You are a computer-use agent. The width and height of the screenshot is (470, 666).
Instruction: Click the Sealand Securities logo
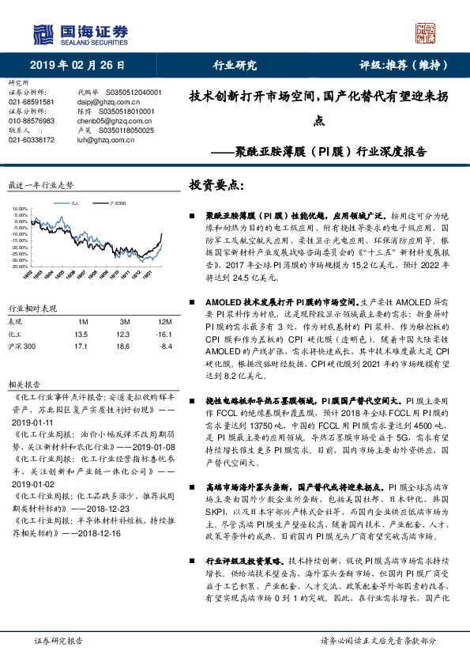tap(79, 32)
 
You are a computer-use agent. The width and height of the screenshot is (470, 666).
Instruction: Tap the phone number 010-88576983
tap(32, 121)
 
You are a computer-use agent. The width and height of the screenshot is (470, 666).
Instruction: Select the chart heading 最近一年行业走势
tap(41, 184)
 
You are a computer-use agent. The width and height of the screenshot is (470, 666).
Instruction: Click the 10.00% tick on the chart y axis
tap(18, 210)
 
